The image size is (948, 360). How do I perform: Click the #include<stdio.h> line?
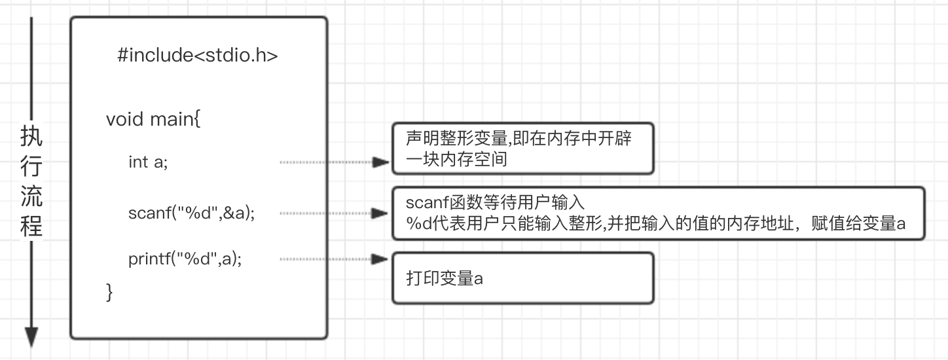point(198,56)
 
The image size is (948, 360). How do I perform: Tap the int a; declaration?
point(148,162)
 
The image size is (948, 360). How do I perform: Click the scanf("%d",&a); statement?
point(192,213)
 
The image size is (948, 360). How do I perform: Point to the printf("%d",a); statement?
point(185,259)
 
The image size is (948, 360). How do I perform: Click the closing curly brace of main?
point(109,292)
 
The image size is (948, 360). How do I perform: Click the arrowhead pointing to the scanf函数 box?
point(380,213)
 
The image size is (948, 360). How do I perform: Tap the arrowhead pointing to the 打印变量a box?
point(380,259)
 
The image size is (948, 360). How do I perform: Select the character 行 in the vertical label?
point(31,167)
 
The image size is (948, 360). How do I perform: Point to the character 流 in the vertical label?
point(31,196)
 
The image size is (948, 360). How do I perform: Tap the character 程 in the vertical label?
point(31,226)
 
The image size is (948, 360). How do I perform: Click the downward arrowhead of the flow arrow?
point(31,338)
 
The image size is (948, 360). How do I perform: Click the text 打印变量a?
point(445,278)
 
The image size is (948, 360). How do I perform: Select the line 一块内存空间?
point(456,159)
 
